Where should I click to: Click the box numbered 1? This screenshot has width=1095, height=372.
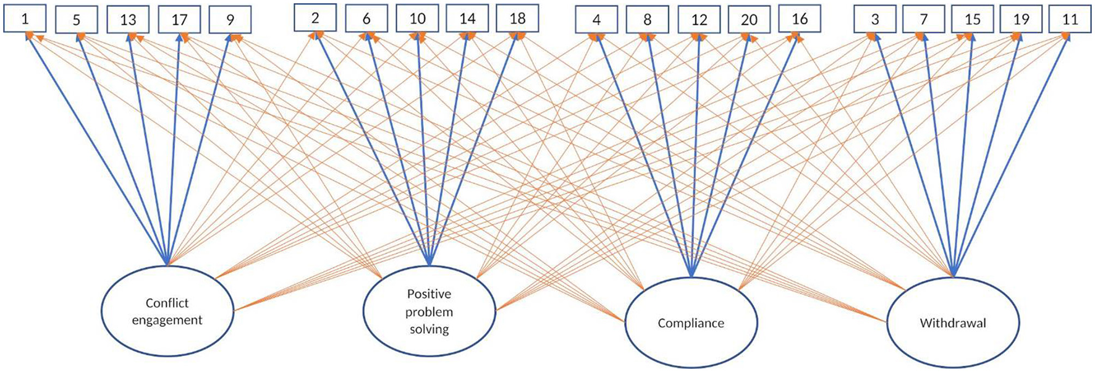[x=25, y=19]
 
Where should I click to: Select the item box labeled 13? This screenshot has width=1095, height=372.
[x=128, y=20]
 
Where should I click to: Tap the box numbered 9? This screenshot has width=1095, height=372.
[x=230, y=20]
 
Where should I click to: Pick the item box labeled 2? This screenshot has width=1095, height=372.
[x=315, y=18]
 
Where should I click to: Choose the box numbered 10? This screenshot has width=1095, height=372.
[x=418, y=19]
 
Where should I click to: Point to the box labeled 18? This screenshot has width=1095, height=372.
[x=517, y=19]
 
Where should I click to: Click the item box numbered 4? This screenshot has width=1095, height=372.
[x=596, y=20]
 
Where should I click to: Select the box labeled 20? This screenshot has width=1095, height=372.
[x=749, y=20]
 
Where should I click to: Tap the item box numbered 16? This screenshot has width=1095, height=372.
[x=800, y=19]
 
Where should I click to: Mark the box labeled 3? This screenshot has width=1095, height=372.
[x=875, y=20]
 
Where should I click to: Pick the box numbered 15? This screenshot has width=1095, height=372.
[x=973, y=20]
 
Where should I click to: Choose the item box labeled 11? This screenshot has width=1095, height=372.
[x=1070, y=20]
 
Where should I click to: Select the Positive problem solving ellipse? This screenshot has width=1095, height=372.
[x=429, y=311]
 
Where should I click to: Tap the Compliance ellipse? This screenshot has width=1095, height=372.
[x=691, y=323]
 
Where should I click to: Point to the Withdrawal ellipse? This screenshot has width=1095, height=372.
[x=953, y=323]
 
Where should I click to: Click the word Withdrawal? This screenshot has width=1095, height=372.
[x=953, y=323]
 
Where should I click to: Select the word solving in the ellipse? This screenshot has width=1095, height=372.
[x=429, y=329]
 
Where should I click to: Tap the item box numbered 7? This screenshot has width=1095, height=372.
[x=924, y=20]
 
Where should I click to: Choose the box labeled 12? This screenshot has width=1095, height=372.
[x=699, y=20]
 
